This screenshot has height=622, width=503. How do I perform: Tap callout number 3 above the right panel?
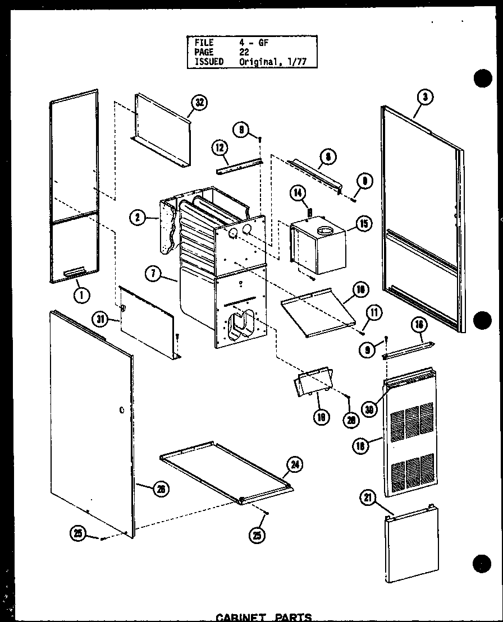click(x=425, y=96)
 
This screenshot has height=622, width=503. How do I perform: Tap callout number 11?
click(x=374, y=312)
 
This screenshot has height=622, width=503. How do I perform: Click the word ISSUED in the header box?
click(x=208, y=61)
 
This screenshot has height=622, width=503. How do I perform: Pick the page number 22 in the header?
click(x=244, y=52)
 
